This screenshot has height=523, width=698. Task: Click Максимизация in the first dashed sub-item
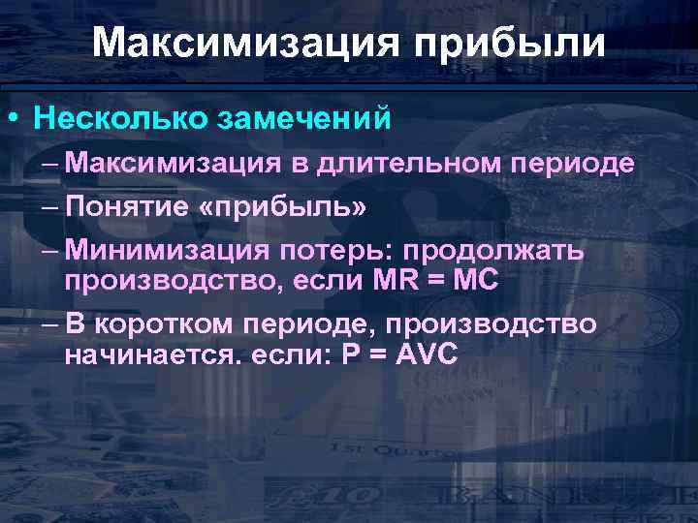(177, 164)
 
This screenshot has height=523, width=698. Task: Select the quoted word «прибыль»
(274, 207)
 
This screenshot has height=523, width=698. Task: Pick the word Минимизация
(168, 252)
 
